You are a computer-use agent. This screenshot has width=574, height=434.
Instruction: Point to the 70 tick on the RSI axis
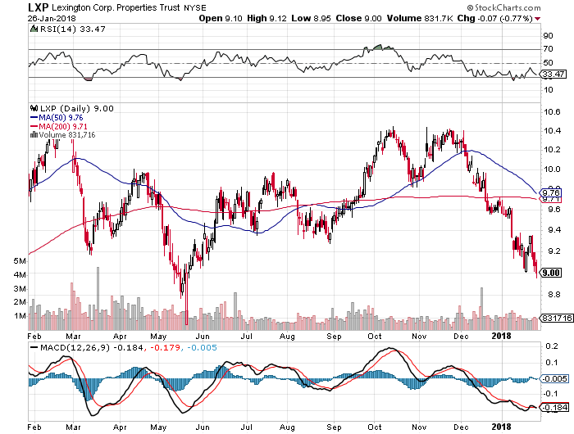(x=546, y=50)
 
